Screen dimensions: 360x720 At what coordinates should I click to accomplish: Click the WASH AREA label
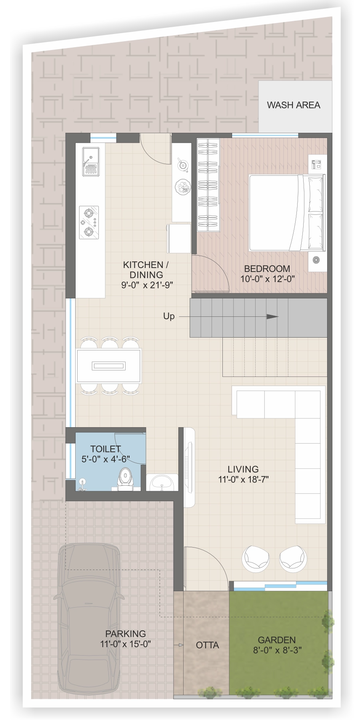tap(294, 105)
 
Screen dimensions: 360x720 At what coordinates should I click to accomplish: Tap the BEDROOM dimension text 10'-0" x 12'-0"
tap(268, 279)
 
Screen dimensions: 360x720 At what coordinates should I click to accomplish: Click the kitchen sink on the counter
tap(91, 161)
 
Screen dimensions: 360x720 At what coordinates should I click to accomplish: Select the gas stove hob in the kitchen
tap(89, 223)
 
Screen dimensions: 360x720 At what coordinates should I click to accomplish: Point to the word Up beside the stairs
tap(169, 316)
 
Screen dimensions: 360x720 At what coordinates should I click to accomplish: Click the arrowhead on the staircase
tap(272, 317)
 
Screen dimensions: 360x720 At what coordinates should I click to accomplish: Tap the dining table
tap(109, 366)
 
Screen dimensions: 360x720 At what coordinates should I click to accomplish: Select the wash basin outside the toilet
tap(162, 482)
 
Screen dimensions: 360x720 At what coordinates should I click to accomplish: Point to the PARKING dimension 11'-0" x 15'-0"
tap(126, 644)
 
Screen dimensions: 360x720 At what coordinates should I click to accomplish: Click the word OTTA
tap(207, 645)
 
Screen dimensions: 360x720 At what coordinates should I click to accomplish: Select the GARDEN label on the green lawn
tap(277, 640)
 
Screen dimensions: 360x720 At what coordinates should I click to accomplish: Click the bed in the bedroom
tap(287, 213)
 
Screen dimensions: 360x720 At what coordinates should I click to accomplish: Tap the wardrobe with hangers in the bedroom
tap(208, 185)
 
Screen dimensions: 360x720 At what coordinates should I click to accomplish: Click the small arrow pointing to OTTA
tap(179, 645)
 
